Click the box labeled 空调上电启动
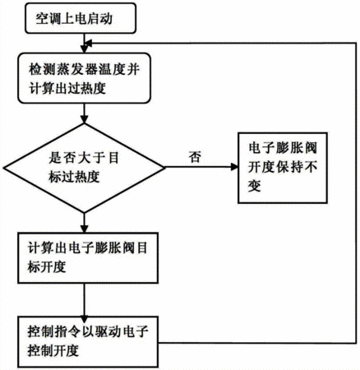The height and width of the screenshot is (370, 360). [81, 18]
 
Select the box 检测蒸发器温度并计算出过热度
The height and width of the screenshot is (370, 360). [84, 78]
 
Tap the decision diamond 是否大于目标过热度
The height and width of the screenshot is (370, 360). [85, 168]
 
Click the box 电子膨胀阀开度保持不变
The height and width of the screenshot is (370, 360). [283, 168]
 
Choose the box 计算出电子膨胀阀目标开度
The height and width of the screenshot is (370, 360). [88, 257]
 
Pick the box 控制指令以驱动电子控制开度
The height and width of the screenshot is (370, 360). [88, 342]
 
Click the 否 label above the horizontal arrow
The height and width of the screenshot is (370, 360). [195, 157]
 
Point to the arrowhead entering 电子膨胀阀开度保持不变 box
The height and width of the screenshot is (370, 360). [234, 167]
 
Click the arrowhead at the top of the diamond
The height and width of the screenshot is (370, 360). [85, 119]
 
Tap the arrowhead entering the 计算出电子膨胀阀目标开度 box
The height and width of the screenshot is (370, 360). [85, 229]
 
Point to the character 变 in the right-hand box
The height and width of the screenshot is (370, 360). [255, 186]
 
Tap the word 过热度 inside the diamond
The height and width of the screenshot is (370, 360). [81, 177]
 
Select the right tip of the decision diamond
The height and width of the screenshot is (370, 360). [165, 168]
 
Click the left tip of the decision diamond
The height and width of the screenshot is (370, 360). [4, 168]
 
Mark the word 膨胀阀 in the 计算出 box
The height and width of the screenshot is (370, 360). [114, 248]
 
